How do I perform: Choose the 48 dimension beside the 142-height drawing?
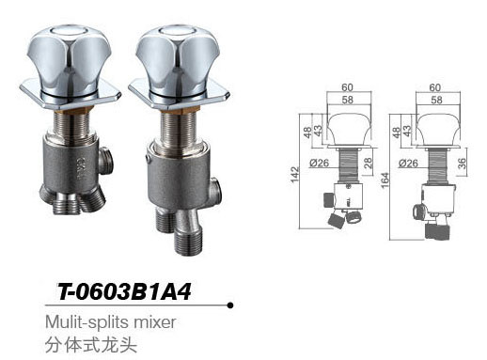tap(308, 132)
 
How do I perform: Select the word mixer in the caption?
tap(157, 321)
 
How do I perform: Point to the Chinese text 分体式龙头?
tap(90, 343)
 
